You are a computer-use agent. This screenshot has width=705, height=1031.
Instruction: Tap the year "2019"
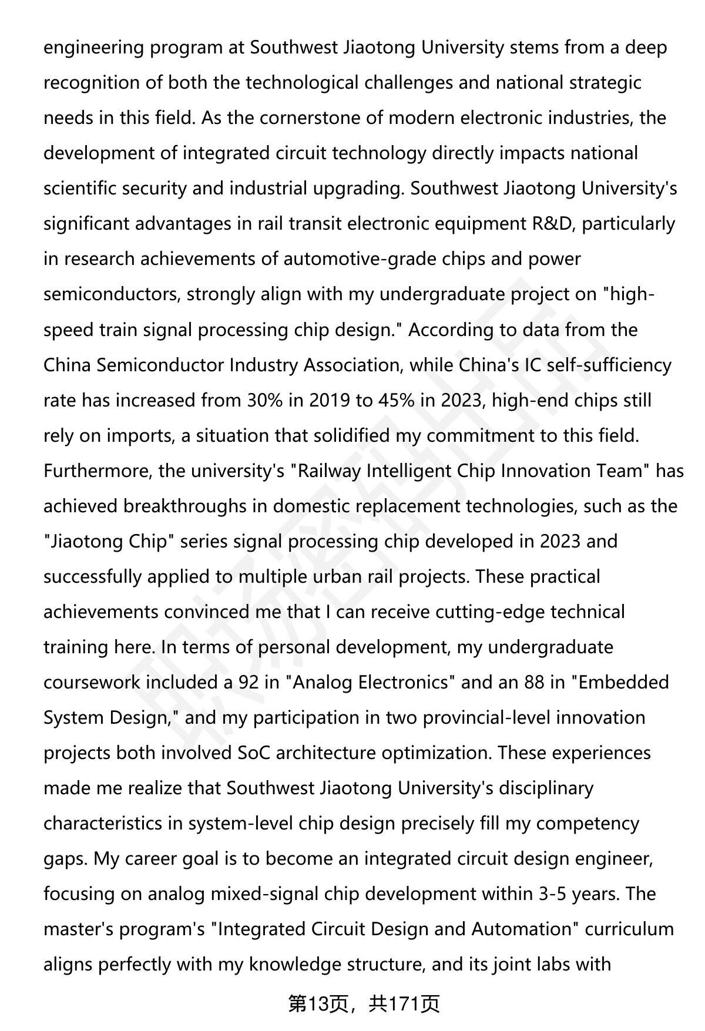coord(330,400)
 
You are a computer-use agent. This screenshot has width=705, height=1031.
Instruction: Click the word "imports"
coord(140,435)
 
